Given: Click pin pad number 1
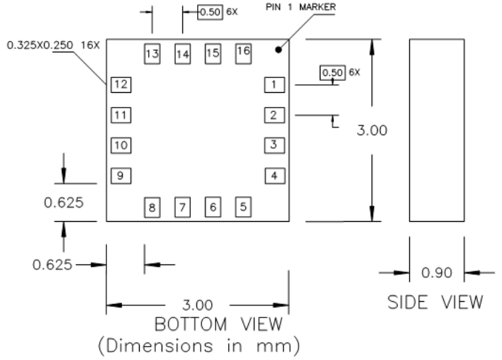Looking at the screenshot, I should [274, 85].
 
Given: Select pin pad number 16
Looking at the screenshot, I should [243, 51].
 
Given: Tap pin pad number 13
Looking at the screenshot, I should [152, 54].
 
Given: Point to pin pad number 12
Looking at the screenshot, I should [121, 85].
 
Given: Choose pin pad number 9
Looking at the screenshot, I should [121, 176].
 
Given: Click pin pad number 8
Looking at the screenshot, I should [152, 208].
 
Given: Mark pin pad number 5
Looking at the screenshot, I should [243, 207].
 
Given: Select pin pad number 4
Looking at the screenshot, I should [274, 176].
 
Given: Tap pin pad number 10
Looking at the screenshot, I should [121, 145].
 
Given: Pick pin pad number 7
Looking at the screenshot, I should [182, 208].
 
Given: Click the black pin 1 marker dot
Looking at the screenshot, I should [279, 50].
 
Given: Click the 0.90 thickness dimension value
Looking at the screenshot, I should [437, 273].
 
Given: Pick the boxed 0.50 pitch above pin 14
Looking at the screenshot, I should [210, 12].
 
